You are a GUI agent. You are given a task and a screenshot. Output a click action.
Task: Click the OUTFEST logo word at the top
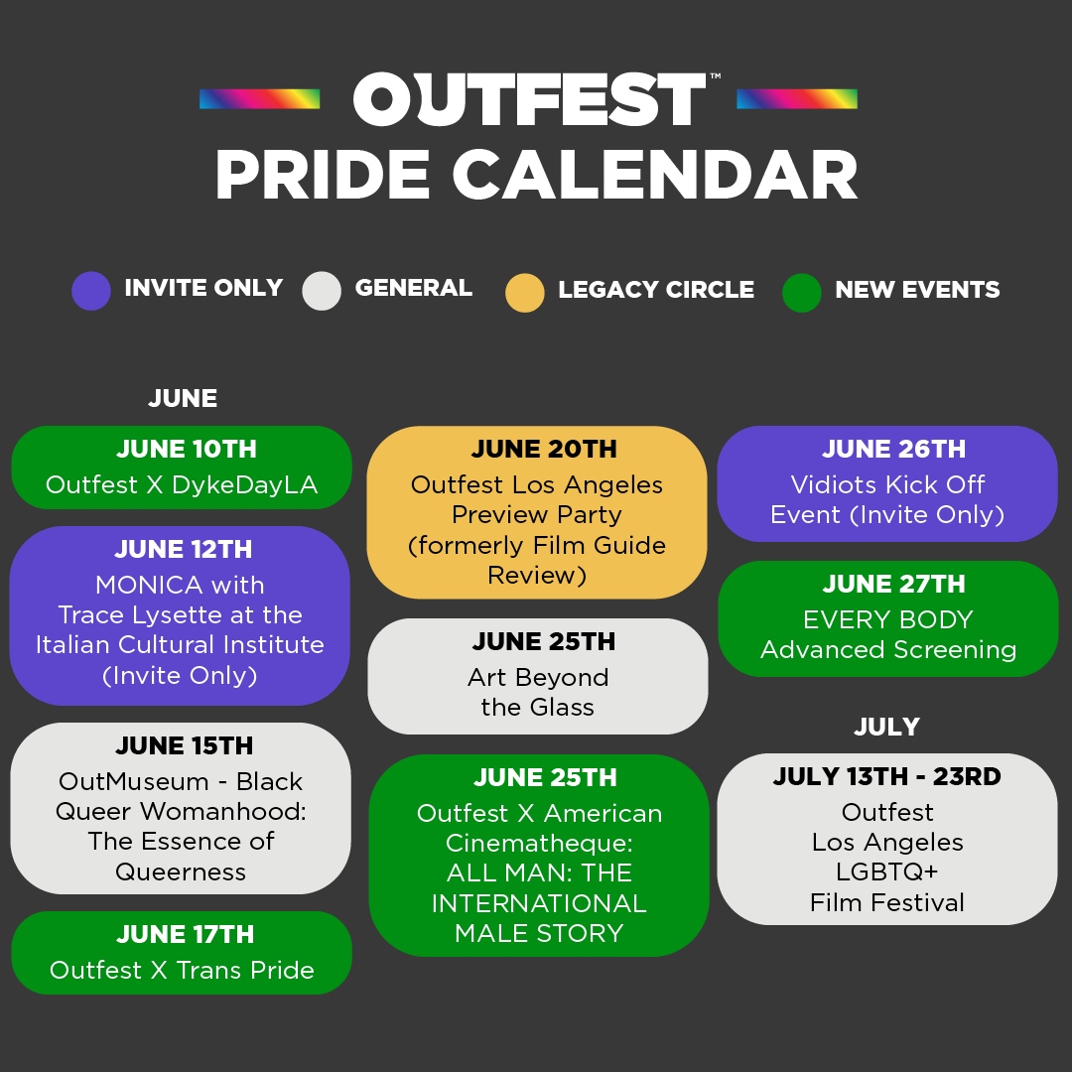tap(528, 100)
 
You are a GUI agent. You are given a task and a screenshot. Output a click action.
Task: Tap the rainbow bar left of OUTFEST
tap(259, 99)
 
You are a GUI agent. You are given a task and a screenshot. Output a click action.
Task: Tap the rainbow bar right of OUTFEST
tap(796, 99)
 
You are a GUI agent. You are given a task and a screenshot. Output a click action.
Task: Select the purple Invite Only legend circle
tap(91, 292)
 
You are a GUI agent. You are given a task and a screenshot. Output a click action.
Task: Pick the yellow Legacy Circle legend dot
tap(524, 293)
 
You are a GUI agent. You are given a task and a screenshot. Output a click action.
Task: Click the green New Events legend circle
tap(801, 293)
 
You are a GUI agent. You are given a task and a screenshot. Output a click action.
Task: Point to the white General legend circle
tap(322, 292)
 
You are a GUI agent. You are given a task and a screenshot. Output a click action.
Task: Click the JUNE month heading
tap(183, 399)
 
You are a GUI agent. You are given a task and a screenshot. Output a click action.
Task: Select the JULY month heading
tap(886, 728)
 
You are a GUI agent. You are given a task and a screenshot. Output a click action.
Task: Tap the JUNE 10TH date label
tap(186, 449)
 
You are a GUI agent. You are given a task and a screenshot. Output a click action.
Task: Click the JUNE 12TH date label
tap(184, 549)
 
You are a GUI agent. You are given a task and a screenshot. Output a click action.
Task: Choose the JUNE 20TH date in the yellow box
tap(544, 449)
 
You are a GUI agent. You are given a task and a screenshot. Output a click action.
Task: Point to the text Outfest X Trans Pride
tap(182, 970)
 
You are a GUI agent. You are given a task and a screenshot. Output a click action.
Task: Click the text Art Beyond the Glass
tap(538, 693)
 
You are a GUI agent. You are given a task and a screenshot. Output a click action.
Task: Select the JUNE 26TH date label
tap(893, 449)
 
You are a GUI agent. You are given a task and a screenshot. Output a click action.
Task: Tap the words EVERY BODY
tap(887, 619)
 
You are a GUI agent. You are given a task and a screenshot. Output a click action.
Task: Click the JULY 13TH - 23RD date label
tap(887, 777)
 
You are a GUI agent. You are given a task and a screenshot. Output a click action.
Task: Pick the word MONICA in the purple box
tap(150, 585)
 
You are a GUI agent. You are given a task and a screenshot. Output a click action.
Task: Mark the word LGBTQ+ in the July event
tap(887, 871)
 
